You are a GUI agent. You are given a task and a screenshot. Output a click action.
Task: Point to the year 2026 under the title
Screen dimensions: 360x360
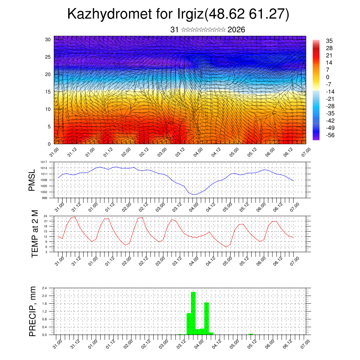tap(236, 30)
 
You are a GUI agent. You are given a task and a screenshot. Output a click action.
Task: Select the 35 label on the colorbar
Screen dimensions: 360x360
tap(329, 41)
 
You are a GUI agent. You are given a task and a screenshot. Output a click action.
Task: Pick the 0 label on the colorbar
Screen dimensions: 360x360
tap(328, 77)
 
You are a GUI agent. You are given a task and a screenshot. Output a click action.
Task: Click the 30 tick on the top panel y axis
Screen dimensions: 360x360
tap(48, 39)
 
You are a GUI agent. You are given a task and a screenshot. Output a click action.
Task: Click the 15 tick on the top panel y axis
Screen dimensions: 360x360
tap(48, 92)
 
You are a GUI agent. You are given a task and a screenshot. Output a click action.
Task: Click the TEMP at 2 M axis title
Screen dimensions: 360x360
tap(34, 234)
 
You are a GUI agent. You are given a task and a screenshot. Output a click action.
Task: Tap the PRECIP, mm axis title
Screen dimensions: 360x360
tap(32, 311)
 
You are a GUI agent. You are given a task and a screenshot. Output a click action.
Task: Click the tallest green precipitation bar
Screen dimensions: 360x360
tap(193, 313)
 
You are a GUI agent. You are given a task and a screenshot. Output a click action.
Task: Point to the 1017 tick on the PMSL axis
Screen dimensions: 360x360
tap(44, 162)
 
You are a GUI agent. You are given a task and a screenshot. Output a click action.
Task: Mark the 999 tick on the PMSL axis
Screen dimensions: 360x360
tap(45, 198)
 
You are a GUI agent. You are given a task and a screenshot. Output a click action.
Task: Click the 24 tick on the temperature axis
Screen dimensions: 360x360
tap(46, 216)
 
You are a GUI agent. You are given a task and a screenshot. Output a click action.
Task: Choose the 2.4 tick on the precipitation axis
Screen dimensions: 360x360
tap(45, 288)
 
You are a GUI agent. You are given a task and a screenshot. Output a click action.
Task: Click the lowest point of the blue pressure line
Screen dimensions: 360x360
tap(193, 194)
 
